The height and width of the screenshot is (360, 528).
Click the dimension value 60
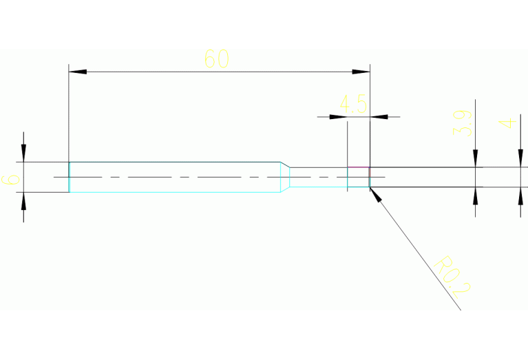click(x=216, y=59)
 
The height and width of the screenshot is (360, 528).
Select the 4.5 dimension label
click(x=353, y=105)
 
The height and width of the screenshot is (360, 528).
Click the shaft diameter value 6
click(x=10, y=180)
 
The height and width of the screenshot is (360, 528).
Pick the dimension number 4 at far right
click(x=507, y=124)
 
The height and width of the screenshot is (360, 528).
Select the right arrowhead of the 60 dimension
click(x=362, y=72)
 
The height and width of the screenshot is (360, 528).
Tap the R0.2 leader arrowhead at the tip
click(x=374, y=192)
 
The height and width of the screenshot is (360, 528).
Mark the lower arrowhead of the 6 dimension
click(x=23, y=200)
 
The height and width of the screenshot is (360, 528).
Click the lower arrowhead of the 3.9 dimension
click(x=475, y=195)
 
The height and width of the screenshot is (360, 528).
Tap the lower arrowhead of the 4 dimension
click(x=520, y=195)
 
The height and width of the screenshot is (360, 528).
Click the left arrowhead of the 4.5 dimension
click(x=338, y=116)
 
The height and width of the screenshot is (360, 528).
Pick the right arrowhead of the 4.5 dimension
click(x=379, y=116)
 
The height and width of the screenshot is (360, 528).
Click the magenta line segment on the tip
click(x=358, y=167)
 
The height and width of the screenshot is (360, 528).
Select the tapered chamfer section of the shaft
click(x=284, y=177)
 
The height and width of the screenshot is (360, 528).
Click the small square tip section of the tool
click(x=358, y=177)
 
